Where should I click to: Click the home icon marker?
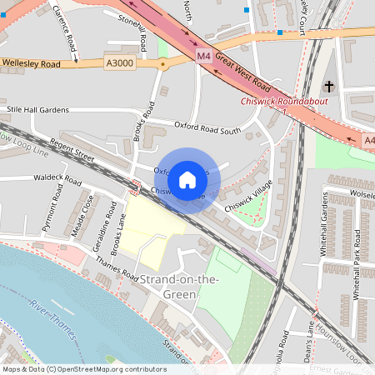coord(187,179)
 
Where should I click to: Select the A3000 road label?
coord(120,62)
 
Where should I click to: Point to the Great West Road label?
coord(242,72)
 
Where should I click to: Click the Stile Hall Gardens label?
coord(37,109)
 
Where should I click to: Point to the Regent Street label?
coord(73,147)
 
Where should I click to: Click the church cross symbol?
coord(329,86)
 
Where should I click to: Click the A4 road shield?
coord(369,142)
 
